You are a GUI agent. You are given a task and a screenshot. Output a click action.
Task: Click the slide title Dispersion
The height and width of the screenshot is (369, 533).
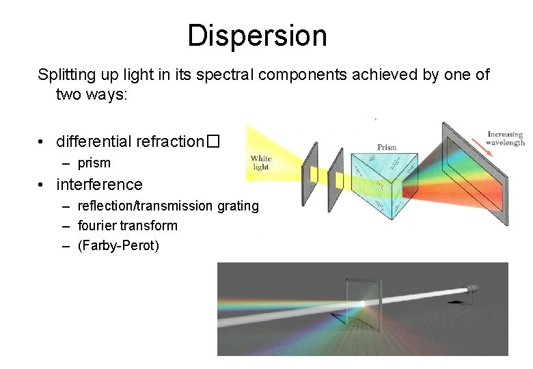coord(257,36)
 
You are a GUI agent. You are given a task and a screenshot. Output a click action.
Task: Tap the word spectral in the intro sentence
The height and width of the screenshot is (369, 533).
coord(226,74)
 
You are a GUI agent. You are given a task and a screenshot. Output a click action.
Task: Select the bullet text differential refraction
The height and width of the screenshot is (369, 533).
coord(131,142)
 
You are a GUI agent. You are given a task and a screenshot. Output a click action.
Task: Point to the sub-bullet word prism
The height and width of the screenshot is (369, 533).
coord(94,163)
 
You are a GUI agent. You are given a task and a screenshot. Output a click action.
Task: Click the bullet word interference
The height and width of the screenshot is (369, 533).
coord(100,184)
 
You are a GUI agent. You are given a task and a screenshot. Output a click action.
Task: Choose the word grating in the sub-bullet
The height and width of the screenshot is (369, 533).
coord(238,206)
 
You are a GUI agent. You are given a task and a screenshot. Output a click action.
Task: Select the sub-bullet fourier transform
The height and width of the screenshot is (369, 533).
coord(128,225)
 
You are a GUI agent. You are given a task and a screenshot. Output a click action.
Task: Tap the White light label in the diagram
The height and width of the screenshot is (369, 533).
coord(260,163)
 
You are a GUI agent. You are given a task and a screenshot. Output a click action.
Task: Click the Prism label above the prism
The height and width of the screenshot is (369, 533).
coord(387,146)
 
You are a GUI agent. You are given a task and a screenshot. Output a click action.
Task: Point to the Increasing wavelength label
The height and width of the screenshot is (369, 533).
coord(504,138)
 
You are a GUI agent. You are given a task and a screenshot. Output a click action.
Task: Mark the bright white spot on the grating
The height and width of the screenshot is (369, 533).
coord(362,303)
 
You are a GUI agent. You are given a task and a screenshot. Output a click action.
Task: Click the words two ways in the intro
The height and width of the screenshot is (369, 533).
coord(85,94)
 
